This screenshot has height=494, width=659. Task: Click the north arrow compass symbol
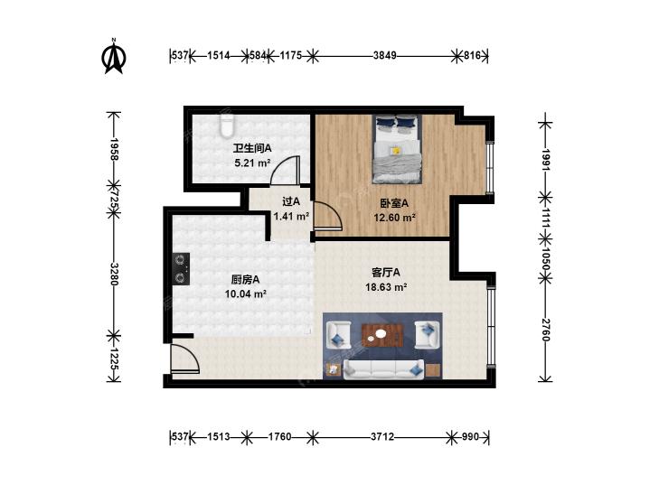[x=114, y=56]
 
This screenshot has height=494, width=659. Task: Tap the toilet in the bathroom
[x=227, y=126]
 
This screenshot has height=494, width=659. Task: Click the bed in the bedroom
[x=398, y=149]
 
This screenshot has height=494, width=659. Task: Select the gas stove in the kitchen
[x=181, y=269]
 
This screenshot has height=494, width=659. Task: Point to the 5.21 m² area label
[x=252, y=163]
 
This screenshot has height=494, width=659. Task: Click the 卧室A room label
[x=394, y=203]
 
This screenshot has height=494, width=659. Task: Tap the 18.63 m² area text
[x=386, y=287]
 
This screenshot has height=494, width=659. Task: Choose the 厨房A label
[x=245, y=280]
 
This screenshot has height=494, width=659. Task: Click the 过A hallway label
[x=291, y=202]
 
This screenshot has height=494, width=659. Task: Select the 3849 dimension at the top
[x=384, y=55]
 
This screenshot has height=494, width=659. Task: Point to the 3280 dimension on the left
[x=114, y=274]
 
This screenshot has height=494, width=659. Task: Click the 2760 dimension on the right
[x=545, y=330]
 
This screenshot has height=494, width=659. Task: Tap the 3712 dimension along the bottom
[x=382, y=437]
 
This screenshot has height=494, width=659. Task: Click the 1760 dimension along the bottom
[x=279, y=437]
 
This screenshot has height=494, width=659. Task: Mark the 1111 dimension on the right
[x=545, y=217]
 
